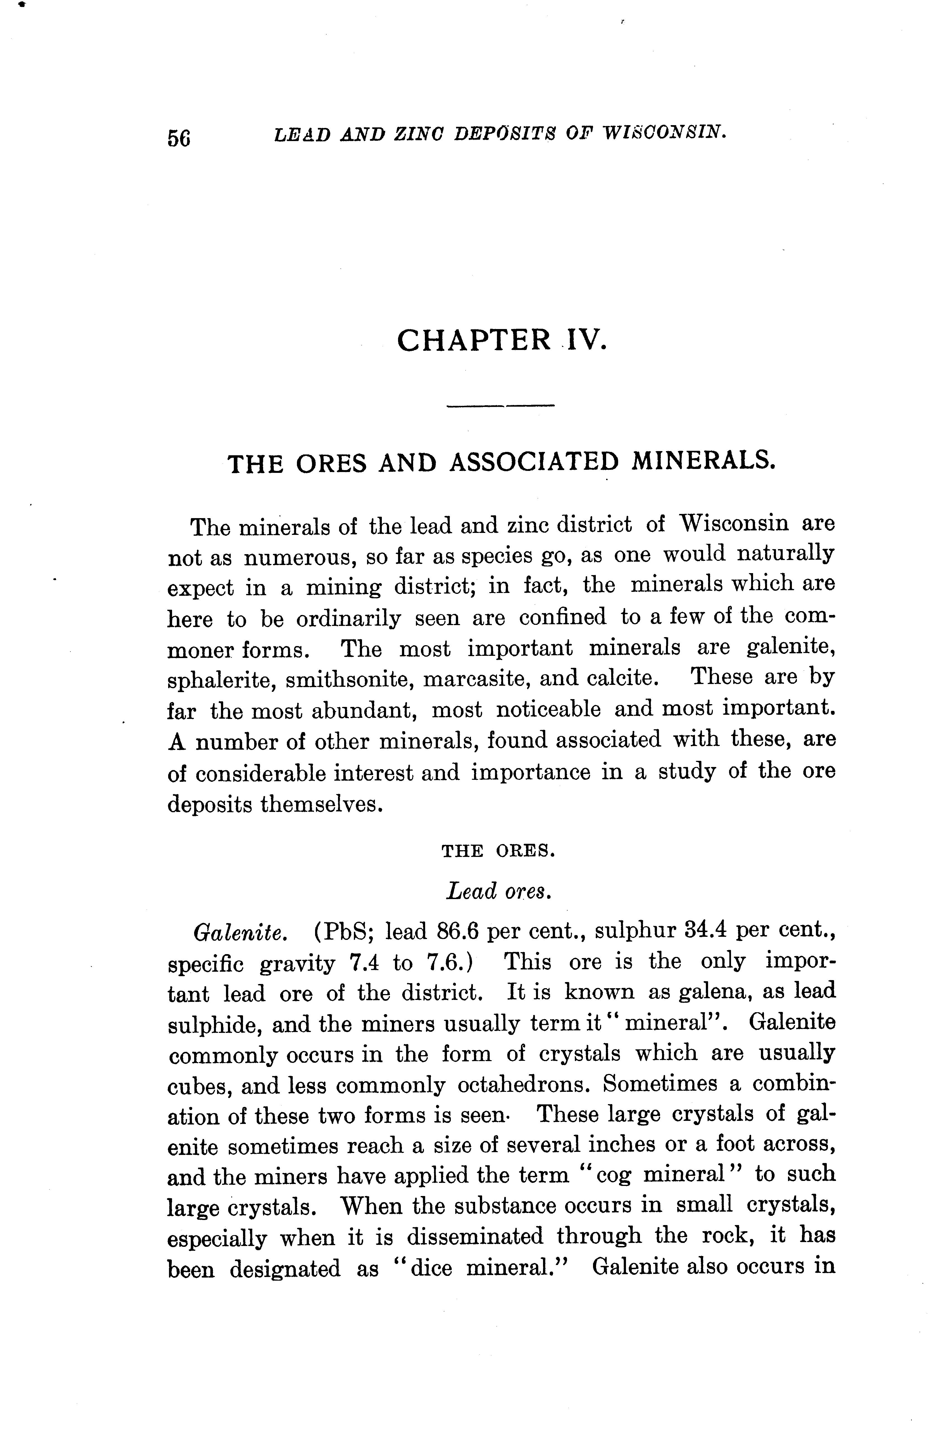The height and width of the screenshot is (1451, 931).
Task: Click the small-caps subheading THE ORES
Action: click(498, 852)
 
